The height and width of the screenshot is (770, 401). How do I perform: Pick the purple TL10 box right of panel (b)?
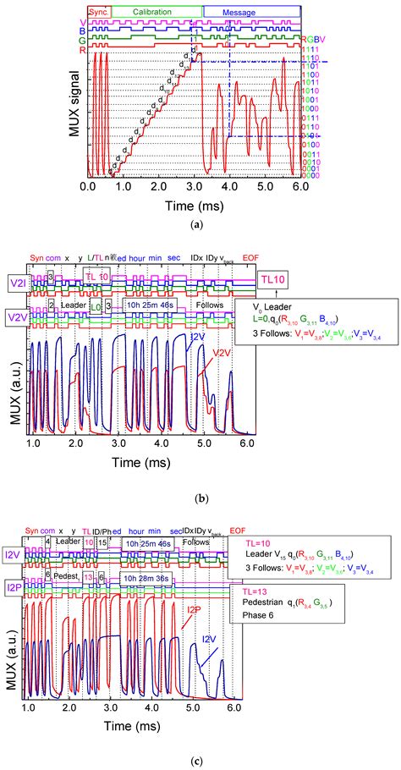click(276, 278)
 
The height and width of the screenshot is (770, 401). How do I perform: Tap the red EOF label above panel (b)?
click(251, 257)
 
